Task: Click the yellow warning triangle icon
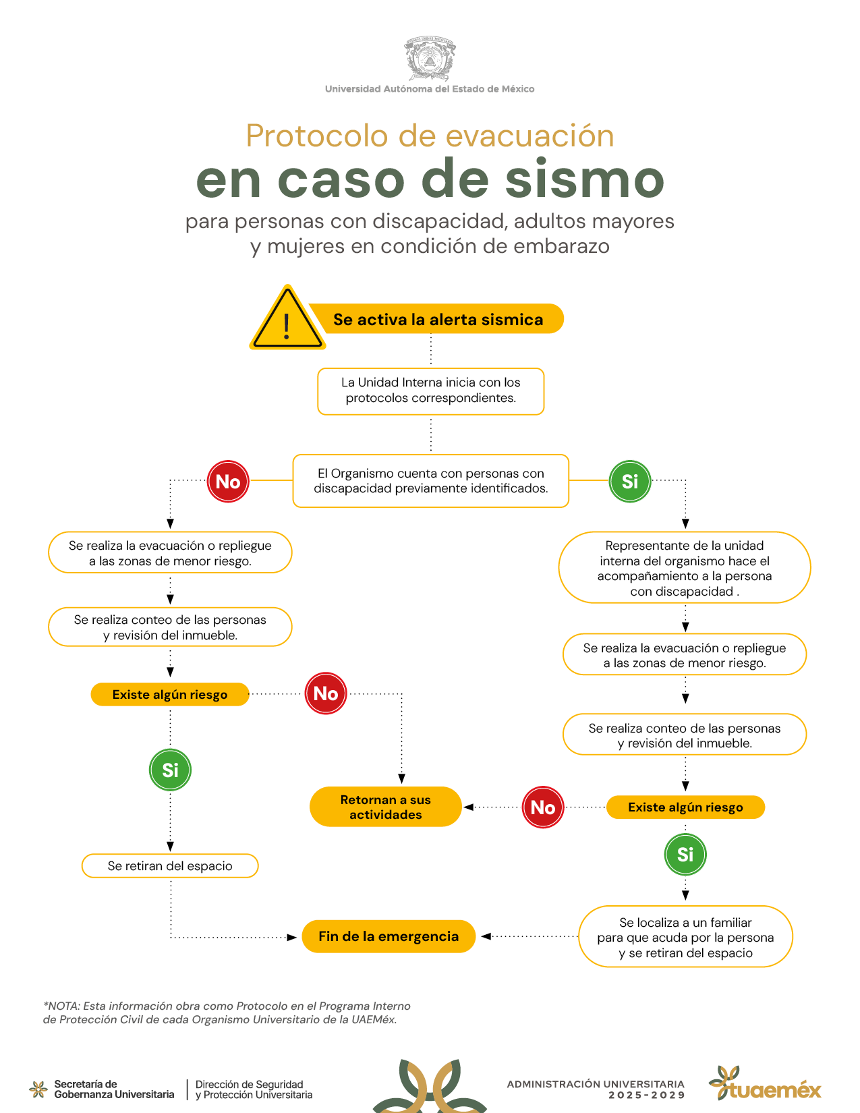coord(287,318)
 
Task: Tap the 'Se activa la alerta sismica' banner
coord(437,318)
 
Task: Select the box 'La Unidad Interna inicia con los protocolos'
coord(431,391)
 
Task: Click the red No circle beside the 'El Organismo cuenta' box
coord(228,481)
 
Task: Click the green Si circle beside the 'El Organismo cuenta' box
coord(629,481)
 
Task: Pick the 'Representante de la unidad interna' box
coord(685,567)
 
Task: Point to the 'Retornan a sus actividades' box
coord(386,807)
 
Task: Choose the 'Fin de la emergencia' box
coord(389,936)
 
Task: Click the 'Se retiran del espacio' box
coord(170,865)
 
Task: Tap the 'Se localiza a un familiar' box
coord(685,937)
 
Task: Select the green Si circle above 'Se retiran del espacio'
coord(170,770)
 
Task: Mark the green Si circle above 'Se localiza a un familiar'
coord(685,855)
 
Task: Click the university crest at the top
coord(430,58)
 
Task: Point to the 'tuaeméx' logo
coord(765,1083)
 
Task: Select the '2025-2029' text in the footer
coord(646,1095)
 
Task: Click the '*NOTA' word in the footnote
coord(61,1006)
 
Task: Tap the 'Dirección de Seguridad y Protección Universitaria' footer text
coord(254,1089)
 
